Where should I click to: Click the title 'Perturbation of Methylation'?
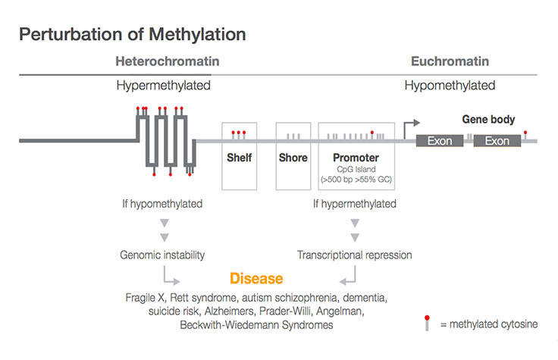click(x=132, y=34)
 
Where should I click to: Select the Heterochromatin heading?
click(x=168, y=61)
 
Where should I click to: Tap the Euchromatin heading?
click(x=450, y=61)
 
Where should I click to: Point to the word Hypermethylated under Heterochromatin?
click(x=163, y=86)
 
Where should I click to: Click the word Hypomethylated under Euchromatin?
click(x=450, y=86)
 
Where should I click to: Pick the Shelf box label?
click(x=239, y=158)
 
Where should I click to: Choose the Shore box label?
click(x=293, y=158)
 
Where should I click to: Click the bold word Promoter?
click(x=356, y=158)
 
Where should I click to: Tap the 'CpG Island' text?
click(x=356, y=170)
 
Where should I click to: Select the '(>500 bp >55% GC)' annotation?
click(x=356, y=181)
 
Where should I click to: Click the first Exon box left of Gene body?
click(x=439, y=141)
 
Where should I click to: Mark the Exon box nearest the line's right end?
click(x=497, y=141)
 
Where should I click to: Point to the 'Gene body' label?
click(x=488, y=120)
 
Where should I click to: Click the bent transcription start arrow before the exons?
click(x=410, y=126)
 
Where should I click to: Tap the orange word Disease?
click(x=256, y=279)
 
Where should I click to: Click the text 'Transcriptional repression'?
click(x=354, y=255)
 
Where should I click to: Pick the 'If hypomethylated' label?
click(x=162, y=204)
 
